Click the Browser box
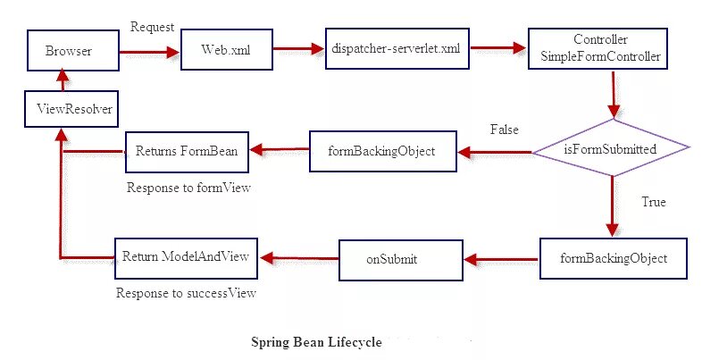click(69, 53)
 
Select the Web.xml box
click(219, 52)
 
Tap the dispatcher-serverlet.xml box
click(395, 51)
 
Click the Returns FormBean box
click(187, 151)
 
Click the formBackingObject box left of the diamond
click(383, 151)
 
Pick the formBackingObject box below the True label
click(612, 259)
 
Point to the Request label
click(152, 28)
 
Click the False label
click(504, 130)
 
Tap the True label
click(653, 202)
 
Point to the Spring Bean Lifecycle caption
click(316, 341)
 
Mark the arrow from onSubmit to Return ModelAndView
click(298, 259)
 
